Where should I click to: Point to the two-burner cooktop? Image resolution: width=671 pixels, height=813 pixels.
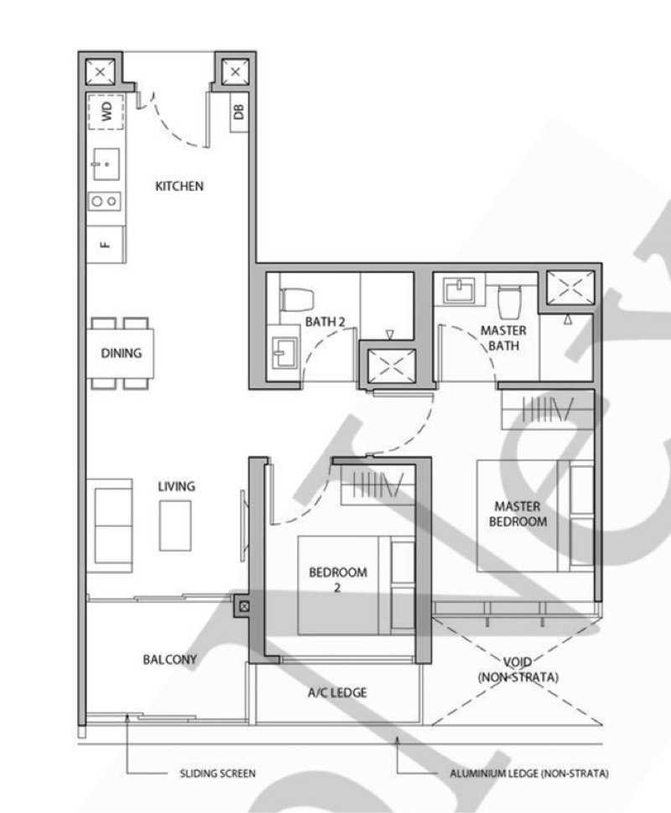point(106,201)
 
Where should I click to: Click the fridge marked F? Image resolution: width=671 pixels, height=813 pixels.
point(106,244)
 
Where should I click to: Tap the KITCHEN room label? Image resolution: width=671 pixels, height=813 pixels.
point(179,186)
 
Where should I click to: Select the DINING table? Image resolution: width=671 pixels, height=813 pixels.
point(122,353)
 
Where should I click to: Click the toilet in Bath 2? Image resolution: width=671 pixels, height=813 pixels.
point(297,299)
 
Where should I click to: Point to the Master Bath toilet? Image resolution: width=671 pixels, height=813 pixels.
point(509,302)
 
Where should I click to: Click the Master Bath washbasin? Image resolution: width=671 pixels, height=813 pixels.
point(460,291)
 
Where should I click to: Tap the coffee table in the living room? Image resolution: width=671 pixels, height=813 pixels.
point(175,525)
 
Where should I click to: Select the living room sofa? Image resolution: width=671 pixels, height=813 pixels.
point(110,525)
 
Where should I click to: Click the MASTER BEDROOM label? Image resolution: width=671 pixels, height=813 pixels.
point(517,514)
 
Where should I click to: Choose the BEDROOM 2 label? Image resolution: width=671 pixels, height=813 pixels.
point(338,580)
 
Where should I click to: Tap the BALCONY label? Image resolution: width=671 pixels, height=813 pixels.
point(169,660)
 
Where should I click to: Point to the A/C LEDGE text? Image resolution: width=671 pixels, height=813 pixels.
point(336,693)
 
